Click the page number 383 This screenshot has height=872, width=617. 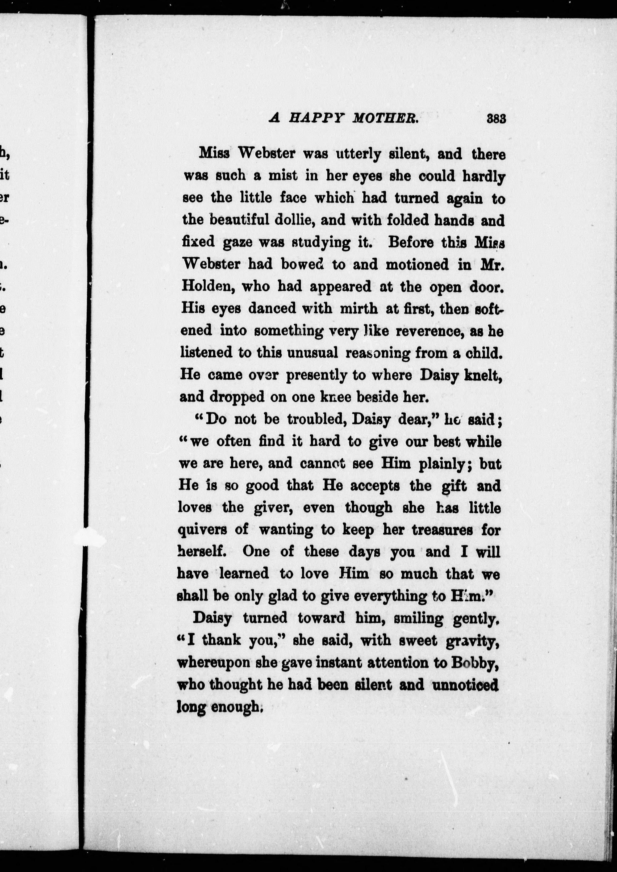tap(496, 119)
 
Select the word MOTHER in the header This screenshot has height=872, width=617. tap(385, 119)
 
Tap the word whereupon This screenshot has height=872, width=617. tap(214, 663)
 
